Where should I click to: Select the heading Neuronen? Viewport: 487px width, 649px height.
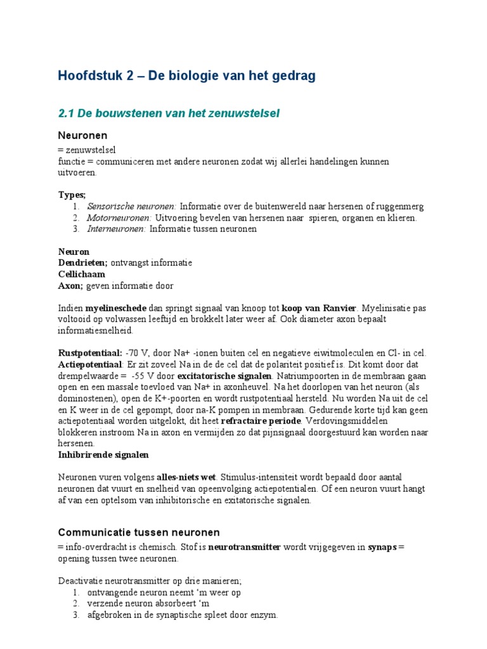(82, 136)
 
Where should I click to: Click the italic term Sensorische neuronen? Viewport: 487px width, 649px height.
(132, 207)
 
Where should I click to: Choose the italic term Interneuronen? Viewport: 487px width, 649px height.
(117, 229)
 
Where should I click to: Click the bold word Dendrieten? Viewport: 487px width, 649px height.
(83, 262)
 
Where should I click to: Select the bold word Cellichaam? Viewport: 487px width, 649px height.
(82, 274)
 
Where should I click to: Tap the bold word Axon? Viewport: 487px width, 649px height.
(71, 285)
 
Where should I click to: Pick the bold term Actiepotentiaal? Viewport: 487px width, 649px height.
(89, 364)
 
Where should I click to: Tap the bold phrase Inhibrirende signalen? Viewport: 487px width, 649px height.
(103, 455)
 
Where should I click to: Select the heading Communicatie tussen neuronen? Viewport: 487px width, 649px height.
(139, 532)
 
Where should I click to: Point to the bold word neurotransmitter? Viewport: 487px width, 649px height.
(244, 548)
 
